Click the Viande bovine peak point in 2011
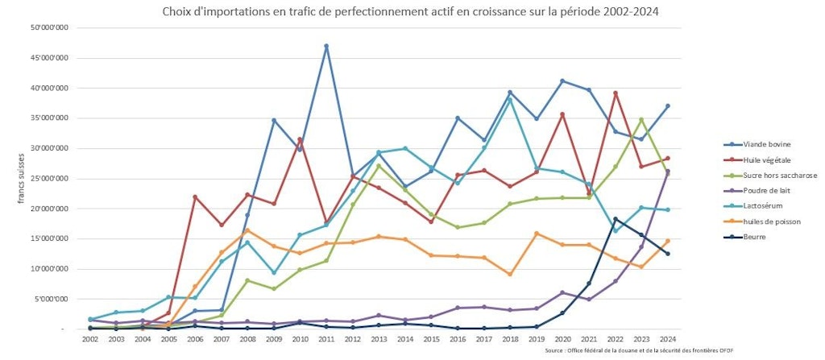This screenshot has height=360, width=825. tap(326, 46)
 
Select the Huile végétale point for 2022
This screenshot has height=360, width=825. tap(616, 93)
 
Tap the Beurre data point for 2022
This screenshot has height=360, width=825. tap(616, 219)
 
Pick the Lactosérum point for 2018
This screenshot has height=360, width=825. tap(510, 99)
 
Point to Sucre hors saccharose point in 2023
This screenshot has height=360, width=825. tap(641, 119)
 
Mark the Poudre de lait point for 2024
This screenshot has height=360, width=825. tap(668, 172)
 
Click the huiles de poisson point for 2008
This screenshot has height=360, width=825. tap(247, 230)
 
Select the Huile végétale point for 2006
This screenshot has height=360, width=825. tap(195, 197)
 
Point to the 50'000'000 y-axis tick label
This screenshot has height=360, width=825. tap(49, 28)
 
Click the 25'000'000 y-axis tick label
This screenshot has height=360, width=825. tap(49, 178)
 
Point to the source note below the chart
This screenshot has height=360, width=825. tap(640, 351)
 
